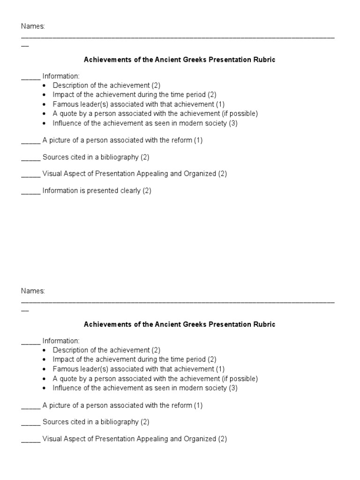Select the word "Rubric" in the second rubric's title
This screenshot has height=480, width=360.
pyautogui.click(x=264, y=324)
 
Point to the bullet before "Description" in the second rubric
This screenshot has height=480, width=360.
pyautogui.click(x=45, y=350)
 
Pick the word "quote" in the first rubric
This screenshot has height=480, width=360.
pyautogui.click(x=68, y=113)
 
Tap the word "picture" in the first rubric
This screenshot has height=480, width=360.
pyautogui.click(x=60, y=140)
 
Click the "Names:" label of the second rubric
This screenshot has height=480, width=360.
pyautogui.click(x=33, y=291)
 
